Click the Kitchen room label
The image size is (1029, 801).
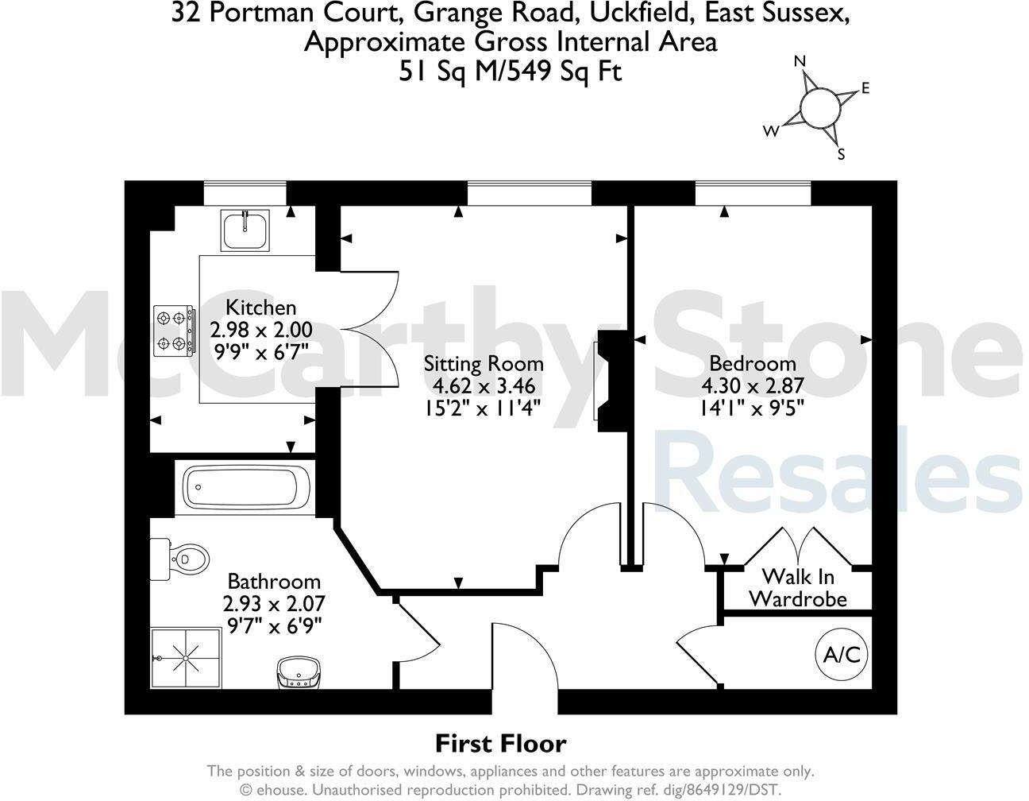pyautogui.click(x=260, y=308)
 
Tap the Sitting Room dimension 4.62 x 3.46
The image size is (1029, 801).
pyautogui.click(x=484, y=387)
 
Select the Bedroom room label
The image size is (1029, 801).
pyautogui.click(x=752, y=364)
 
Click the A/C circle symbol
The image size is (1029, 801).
pyautogui.click(x=842, y=656)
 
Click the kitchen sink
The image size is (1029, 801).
pyautogui.click(x=247, y=230)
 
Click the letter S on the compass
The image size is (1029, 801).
pyautogui.click(x=842, y=155)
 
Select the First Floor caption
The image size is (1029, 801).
pyautogui.click(x=500, y=744)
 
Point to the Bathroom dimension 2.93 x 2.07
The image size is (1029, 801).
pyautogui.click(x=274, y=603)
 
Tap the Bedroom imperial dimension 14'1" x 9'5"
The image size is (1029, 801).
pyautogui.click(x=752, y=408)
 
